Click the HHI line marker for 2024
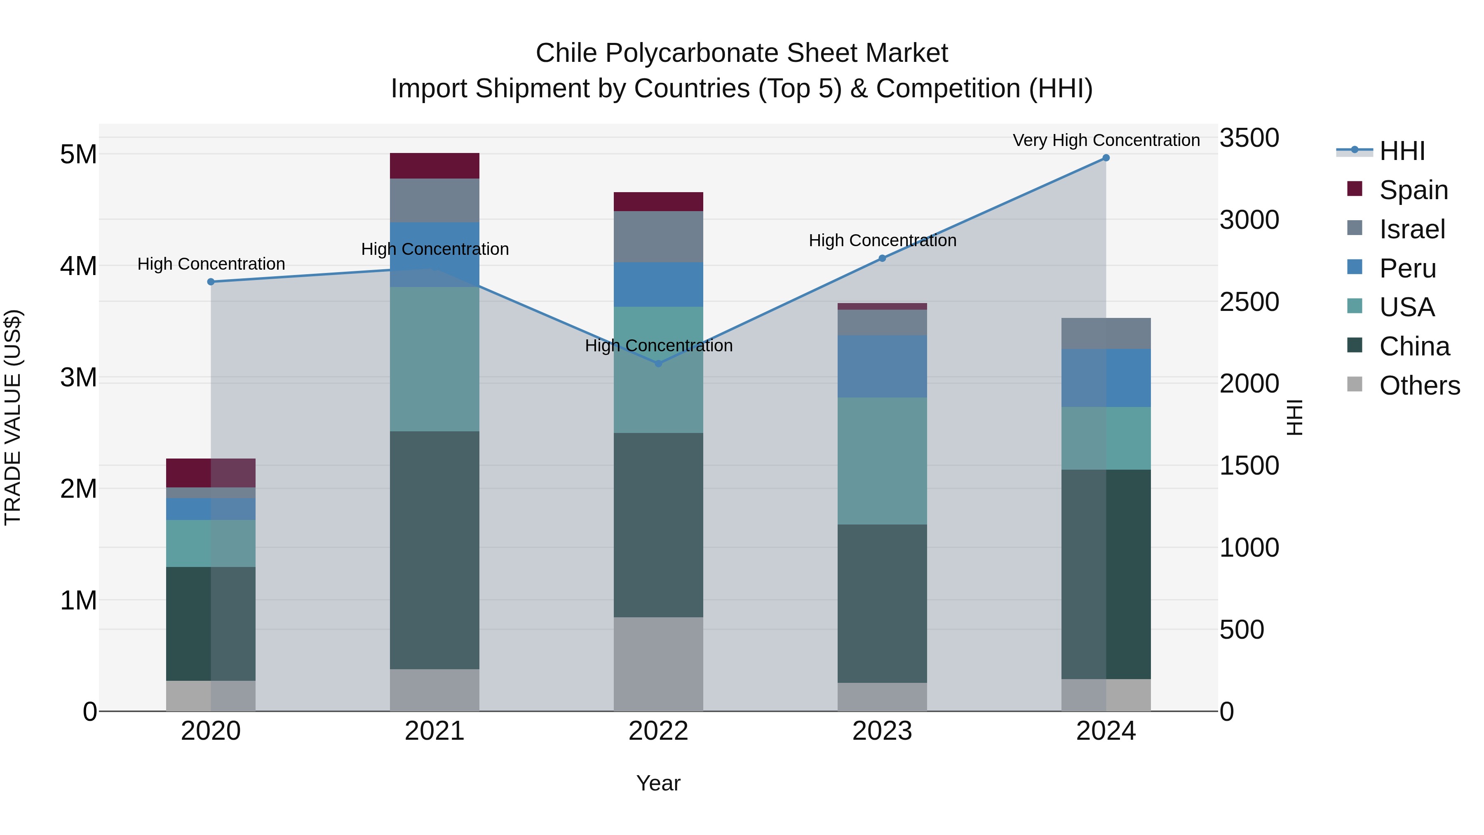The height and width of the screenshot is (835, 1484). click(1106, 158)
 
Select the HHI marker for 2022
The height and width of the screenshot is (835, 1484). click(658, 364)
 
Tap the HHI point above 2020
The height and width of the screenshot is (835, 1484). click(211, 282)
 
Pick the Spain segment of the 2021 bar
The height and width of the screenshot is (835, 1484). click(434, 166)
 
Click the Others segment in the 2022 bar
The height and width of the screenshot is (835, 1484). click(658, 664)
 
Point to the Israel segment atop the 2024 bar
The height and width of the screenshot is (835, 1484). click(1106, 333)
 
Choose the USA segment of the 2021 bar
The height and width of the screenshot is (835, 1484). click(434, 359)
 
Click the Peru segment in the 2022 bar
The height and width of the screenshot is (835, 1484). click(658, 285)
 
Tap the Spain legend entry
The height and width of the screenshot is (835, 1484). click(1413, 190)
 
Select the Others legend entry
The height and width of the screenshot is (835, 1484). click(1419, 386)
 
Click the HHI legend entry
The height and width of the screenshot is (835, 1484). click(1402, 151)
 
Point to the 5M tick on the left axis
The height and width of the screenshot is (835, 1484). click(78, 155)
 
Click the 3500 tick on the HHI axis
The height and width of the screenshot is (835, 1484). click(1249, 138)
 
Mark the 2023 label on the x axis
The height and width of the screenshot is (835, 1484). click(882, 731)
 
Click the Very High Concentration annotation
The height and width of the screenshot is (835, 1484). click(1106, 140)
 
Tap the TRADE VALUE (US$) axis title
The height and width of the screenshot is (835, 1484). click(13, 417)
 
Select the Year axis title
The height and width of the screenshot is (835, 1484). click(658, 783)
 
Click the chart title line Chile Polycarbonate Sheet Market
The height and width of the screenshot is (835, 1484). click(742, 53)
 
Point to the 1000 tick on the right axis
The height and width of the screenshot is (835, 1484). click(1249, 548)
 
